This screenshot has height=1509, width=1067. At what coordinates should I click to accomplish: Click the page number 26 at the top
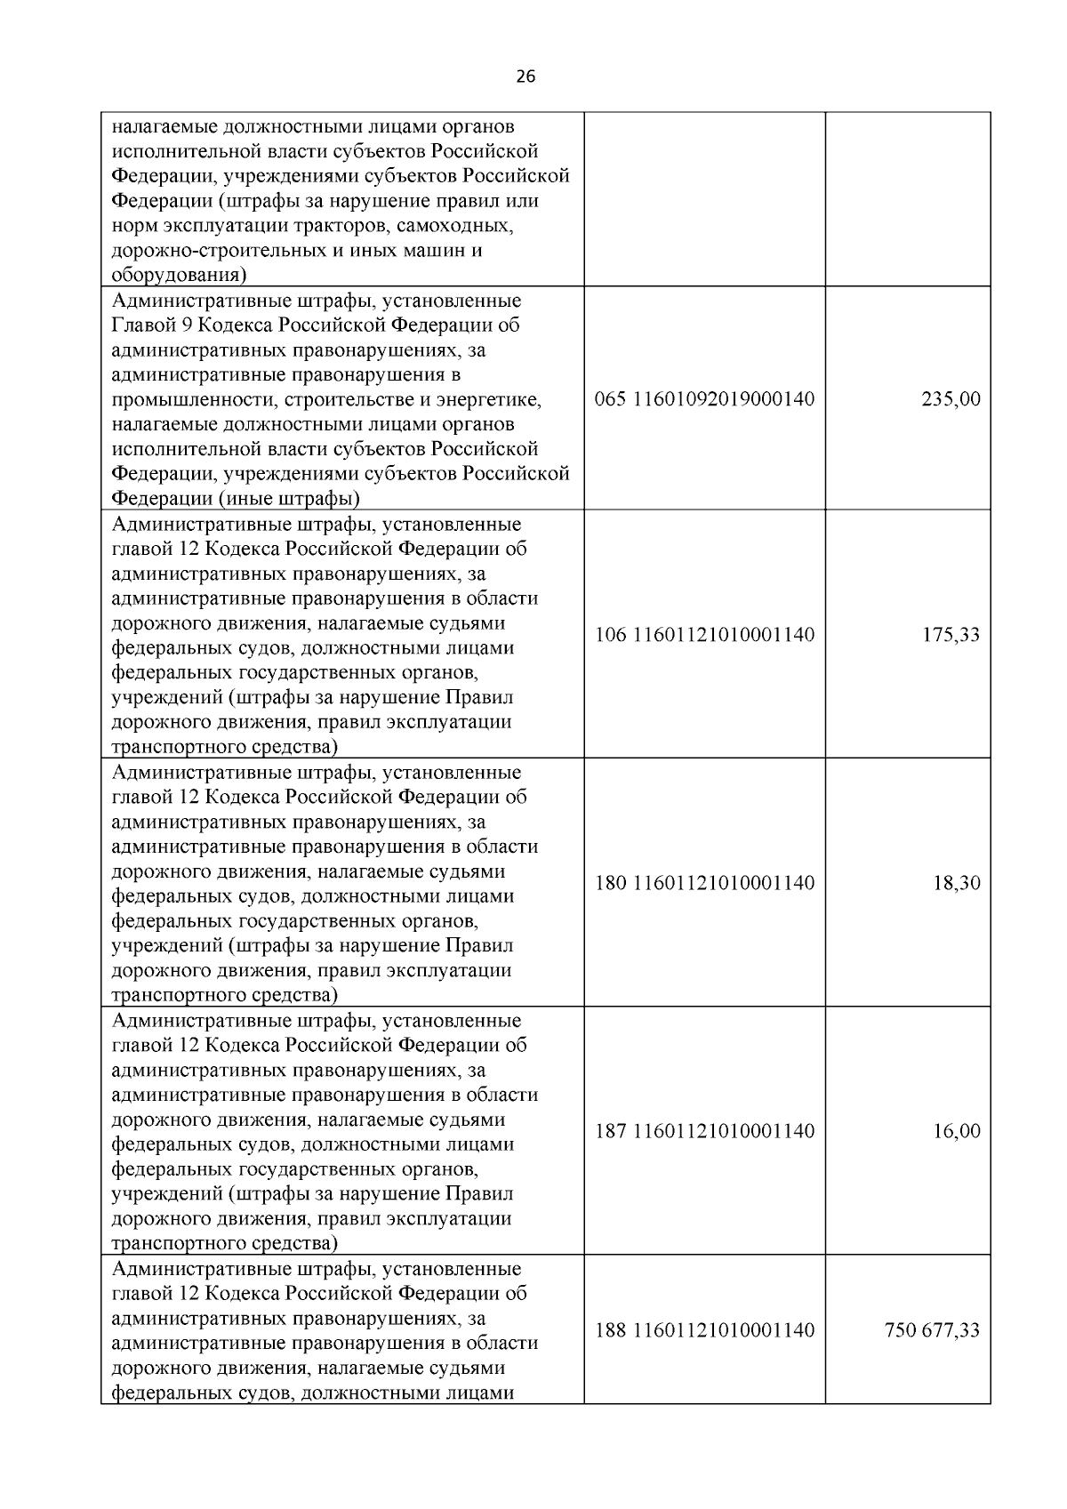pos(525,76)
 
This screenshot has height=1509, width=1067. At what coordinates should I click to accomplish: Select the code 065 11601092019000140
pos(704,399)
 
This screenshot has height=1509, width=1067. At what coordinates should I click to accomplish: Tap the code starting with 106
pos(704,635)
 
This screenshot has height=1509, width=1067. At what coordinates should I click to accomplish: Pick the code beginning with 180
pos(704,883)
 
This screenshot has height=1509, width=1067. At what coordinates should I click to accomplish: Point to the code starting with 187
pos(704,1131)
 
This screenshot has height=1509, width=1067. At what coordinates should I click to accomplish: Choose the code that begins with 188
pos(704,1330)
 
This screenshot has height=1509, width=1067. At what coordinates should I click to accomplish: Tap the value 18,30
pos(956,883)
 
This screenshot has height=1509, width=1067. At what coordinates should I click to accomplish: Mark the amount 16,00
pos(956,1131)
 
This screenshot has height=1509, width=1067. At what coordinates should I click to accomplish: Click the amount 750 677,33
pos(932,1330)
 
